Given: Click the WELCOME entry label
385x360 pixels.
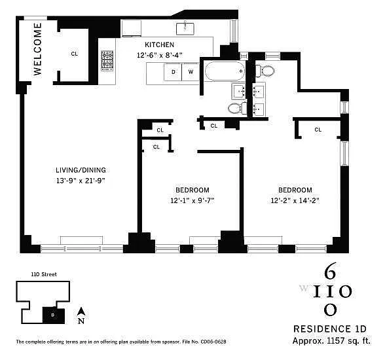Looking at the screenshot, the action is [x=37, y=49].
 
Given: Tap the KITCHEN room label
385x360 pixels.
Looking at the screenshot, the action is [x=159, y=45].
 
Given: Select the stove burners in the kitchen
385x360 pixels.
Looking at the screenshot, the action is [x=107, y=61].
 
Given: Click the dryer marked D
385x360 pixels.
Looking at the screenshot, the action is [x=173, y=72].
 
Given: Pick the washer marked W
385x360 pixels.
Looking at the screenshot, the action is [x=191, y=72].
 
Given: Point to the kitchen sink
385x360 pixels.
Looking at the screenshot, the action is [x=185, y=28].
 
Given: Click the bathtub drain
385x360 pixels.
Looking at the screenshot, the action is [x=242, y=71].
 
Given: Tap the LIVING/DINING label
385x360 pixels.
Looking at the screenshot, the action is [x=81, y=170].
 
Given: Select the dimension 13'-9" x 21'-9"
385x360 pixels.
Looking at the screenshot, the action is [x=81, y=181].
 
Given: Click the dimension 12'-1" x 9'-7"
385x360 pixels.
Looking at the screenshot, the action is [x=192, y=201].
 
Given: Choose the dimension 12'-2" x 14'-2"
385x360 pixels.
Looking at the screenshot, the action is [x=295, y=201].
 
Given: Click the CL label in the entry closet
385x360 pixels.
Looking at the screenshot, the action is [x=74, y=54].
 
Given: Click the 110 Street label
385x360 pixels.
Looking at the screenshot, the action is [x=44, y=274].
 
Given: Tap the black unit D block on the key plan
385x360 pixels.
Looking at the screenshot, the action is [x=54, y=315].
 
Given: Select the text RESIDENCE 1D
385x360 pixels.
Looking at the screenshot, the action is [x=330, y=329].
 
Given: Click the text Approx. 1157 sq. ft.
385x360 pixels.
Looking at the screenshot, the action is [x=331, y=341].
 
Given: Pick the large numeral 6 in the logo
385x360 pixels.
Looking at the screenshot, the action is [x=330, y=272].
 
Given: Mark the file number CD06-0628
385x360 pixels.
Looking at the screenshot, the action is [x=213, y=342].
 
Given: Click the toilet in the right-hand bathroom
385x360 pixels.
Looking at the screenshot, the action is [x=265, y=71].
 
